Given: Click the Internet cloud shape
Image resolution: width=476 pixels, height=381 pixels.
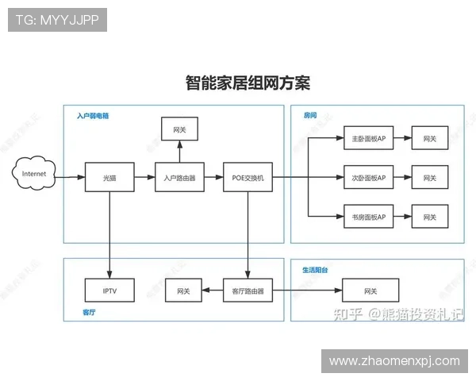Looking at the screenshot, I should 34,174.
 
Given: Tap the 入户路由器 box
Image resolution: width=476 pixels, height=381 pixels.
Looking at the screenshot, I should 179,177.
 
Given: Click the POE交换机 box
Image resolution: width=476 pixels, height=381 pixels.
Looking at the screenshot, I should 248,177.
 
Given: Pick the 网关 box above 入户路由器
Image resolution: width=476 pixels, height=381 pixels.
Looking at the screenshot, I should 179,129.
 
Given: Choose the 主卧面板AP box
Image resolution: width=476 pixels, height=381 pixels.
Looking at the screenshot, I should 369,138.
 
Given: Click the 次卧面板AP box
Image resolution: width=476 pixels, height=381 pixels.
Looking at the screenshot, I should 369,177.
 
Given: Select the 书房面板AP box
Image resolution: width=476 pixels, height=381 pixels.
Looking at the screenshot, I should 369,216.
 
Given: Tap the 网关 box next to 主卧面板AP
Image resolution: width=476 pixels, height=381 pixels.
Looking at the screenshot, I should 429,138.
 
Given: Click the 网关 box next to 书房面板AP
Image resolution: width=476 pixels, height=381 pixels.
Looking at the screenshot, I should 429,216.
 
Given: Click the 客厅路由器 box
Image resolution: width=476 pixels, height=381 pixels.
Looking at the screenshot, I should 248,291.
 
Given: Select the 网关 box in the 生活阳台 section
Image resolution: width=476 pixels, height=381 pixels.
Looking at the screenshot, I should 370,291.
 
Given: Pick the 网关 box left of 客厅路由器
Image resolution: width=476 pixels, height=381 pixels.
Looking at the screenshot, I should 183,291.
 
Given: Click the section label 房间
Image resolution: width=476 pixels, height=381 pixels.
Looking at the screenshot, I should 309,116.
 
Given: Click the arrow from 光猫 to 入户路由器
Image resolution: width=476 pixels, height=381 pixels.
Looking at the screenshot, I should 144,177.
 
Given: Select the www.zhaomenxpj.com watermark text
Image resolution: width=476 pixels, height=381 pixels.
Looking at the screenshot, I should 394,361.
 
